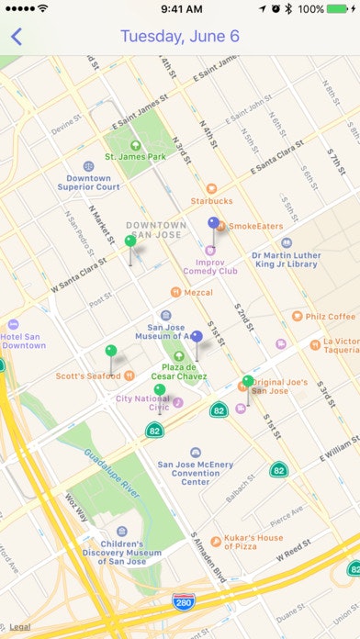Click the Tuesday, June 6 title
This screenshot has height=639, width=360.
[x=180, y=37]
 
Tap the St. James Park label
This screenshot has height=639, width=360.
[x=135, y=156]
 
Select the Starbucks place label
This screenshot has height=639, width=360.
[x=211, y=200]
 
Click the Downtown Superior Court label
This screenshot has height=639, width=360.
[x=88, y=182]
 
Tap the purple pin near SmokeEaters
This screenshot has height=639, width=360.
[x=214, y=223]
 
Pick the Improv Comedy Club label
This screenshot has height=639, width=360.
[x=209, y=265]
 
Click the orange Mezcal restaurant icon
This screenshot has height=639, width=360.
[x=175, y=293]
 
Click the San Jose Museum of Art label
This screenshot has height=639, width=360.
[x=166, y=331]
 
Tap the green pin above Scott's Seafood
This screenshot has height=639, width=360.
[x=111, y=351]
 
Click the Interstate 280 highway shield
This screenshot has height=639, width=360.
[x=183, y=601]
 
